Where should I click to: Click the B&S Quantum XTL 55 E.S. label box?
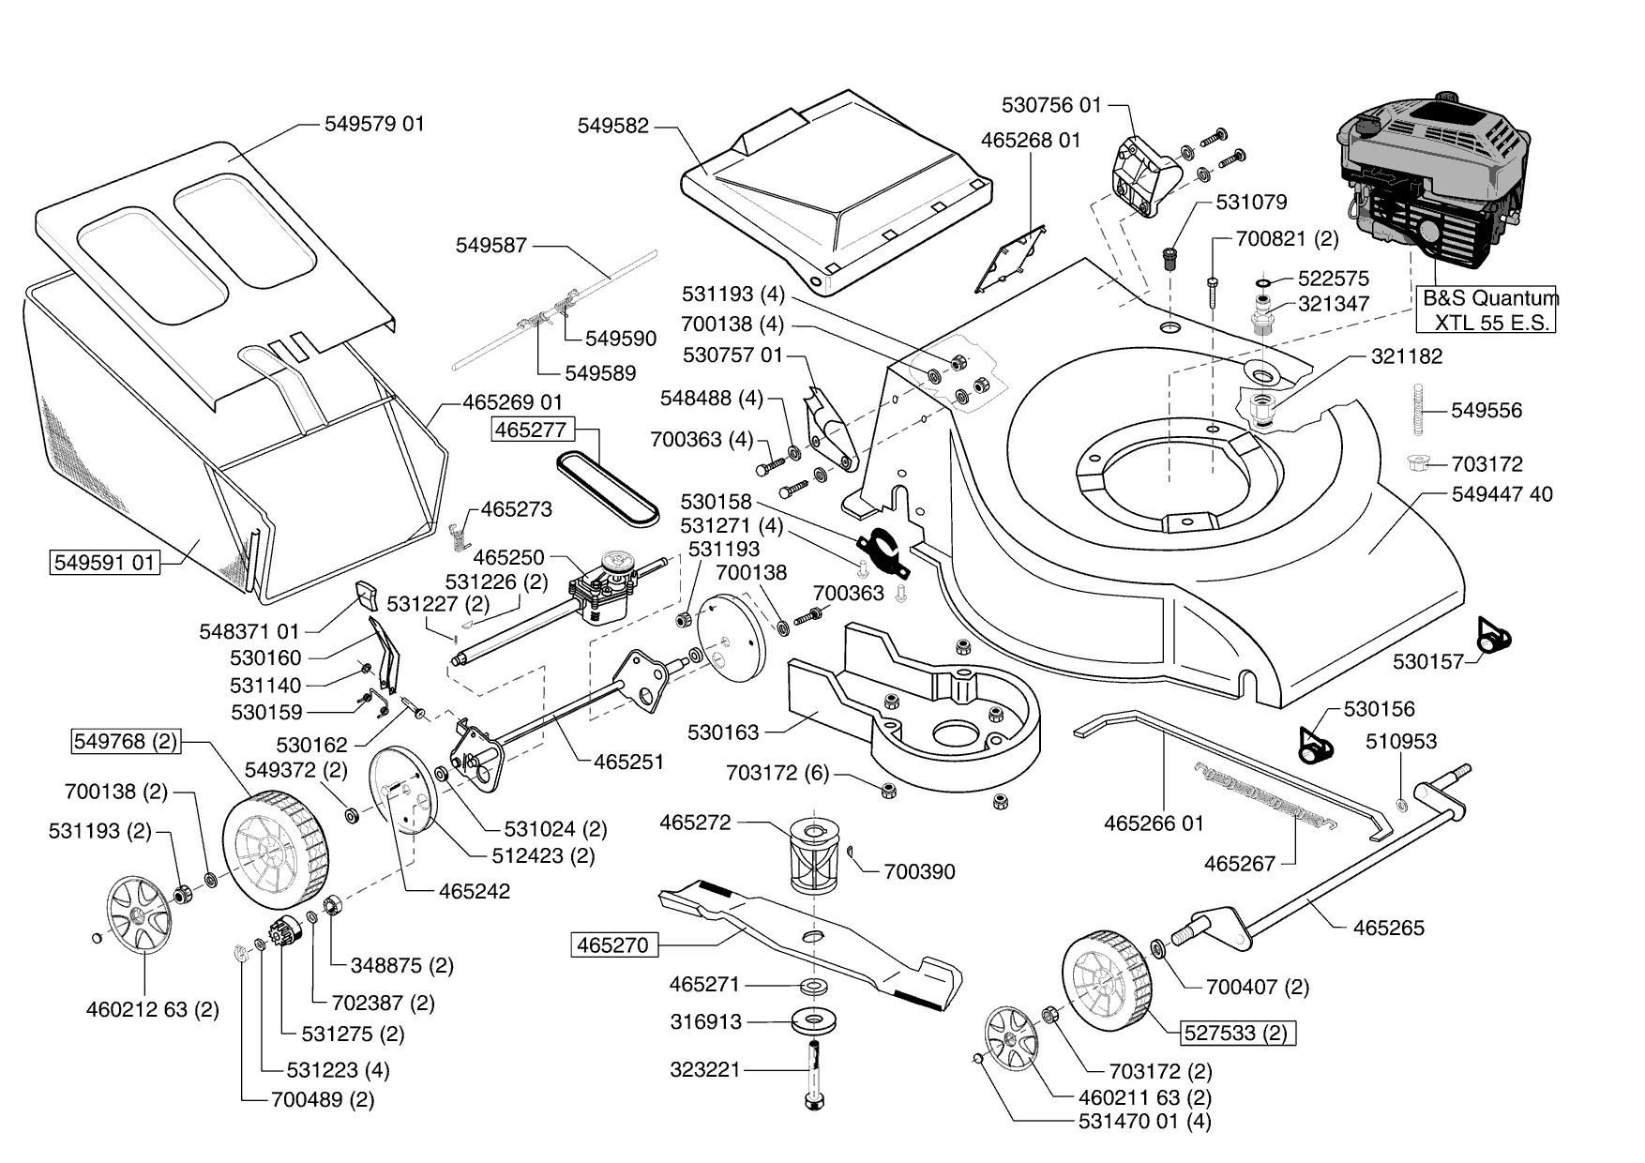coord(1485,310)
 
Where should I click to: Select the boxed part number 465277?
coord(530,430)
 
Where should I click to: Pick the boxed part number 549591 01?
coord(104,563)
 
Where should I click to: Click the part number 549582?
coord(613,126)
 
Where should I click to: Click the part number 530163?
coord(723,732)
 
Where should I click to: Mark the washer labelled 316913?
coord(813,1020)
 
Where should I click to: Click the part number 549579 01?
coord(374,124)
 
